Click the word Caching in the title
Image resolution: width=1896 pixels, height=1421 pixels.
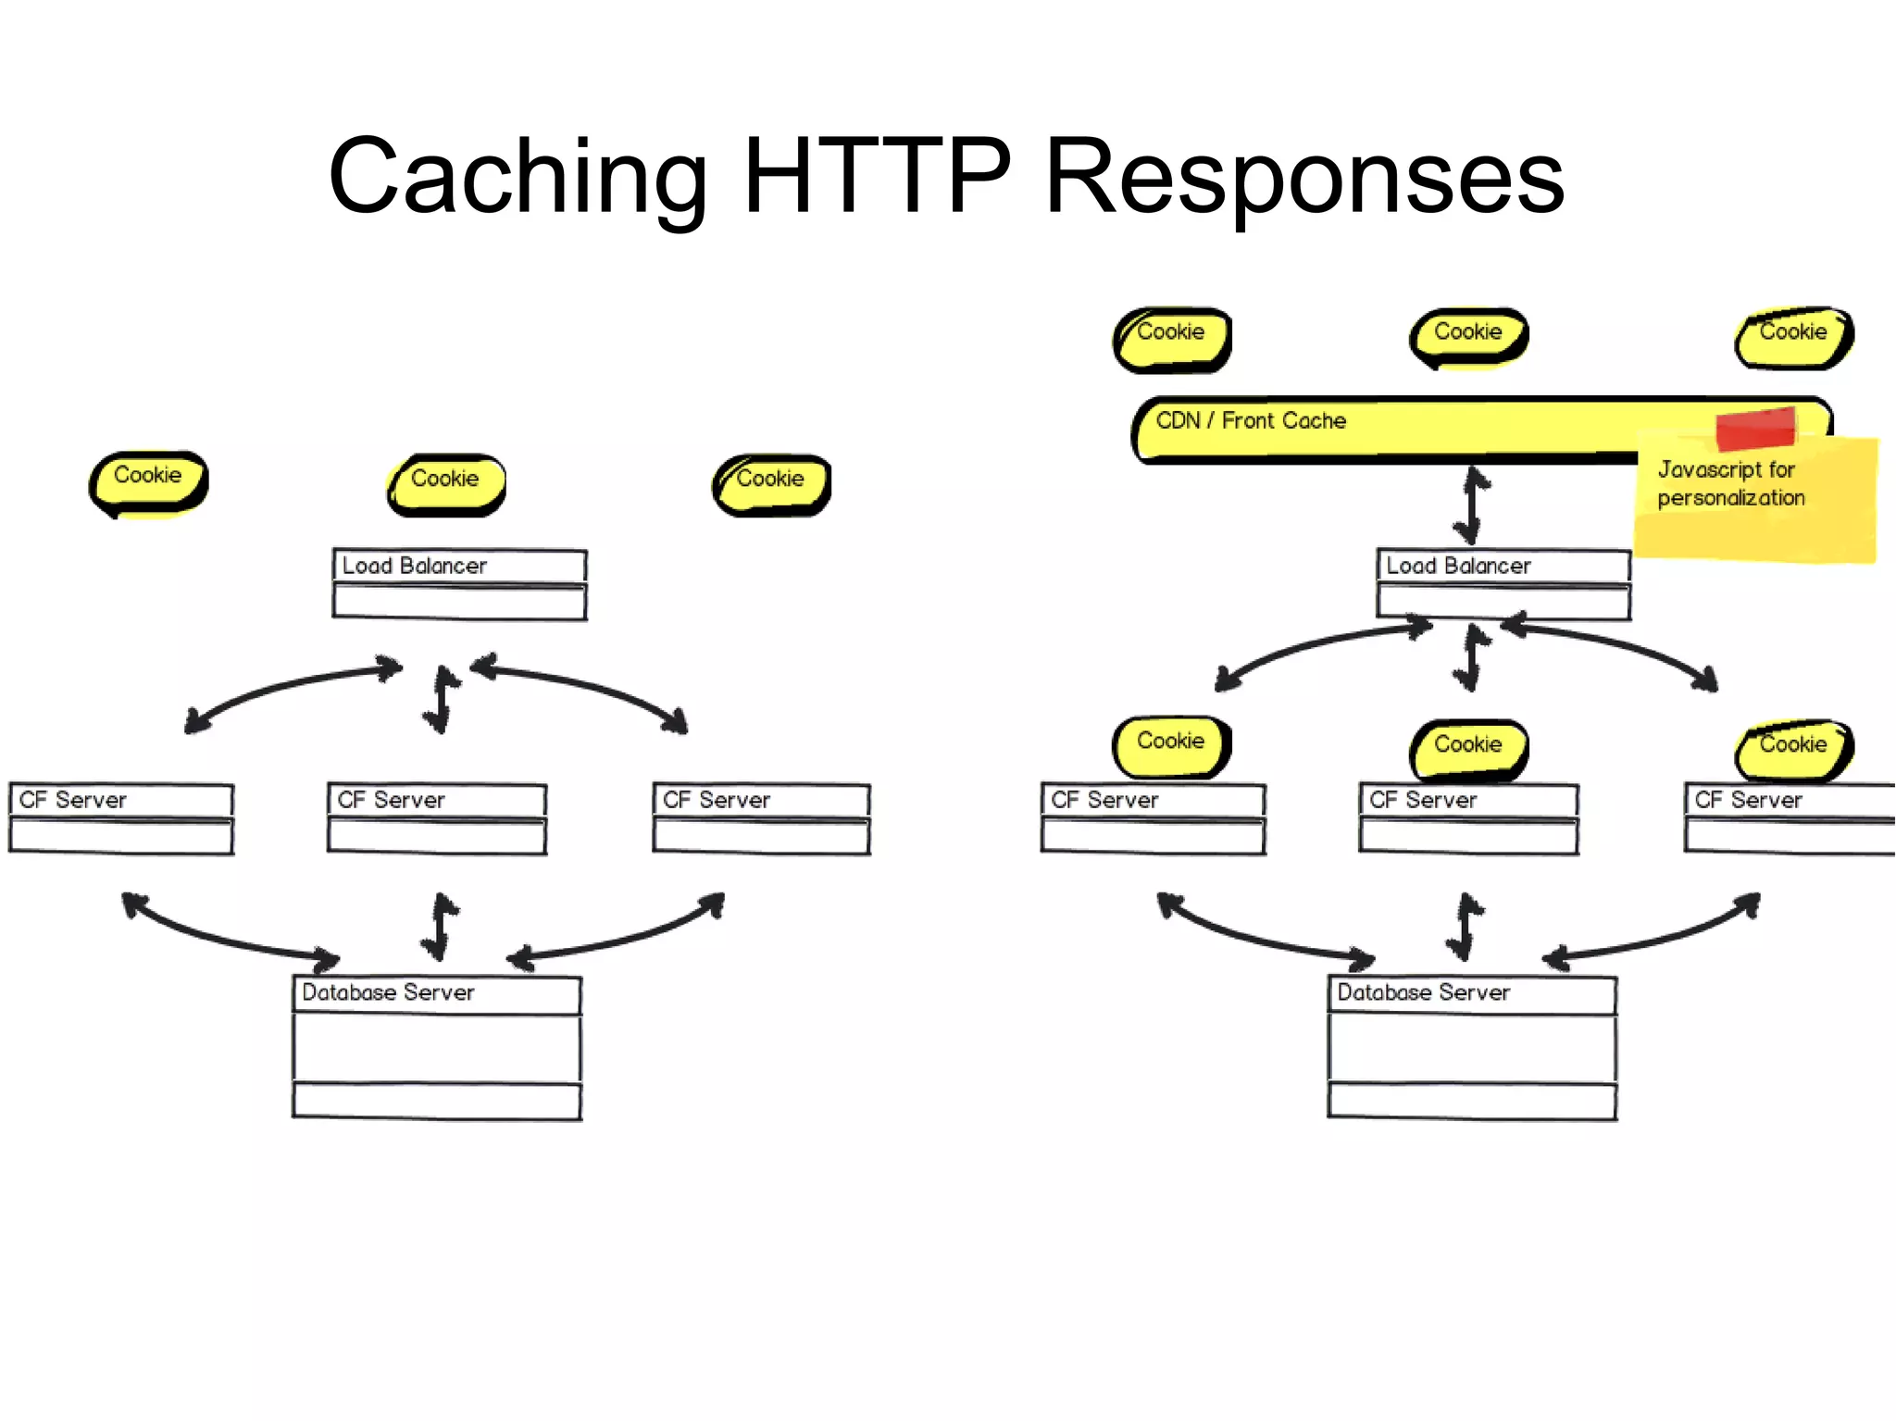pos(518,176)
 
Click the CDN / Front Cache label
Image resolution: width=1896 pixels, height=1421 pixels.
pos(1251,421)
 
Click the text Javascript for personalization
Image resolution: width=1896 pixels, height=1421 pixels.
pos(1729,484)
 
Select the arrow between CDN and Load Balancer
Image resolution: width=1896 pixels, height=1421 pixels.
pos(1474,505)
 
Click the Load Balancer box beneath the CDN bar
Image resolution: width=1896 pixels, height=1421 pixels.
pos(1503,583)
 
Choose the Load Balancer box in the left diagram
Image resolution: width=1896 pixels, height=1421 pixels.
pos(459,583)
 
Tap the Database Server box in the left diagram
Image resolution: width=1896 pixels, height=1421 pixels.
pos(437,1047)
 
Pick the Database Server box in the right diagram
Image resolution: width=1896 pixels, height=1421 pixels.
pos(1472,1047)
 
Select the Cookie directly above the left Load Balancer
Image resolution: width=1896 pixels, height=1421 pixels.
pos(446,482)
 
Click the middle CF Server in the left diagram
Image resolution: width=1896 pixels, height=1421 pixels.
pos(437,818)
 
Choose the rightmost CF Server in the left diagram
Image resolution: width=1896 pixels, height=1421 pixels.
pos(761,818)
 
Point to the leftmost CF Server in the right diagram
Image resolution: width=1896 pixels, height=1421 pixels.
pos(1153,818)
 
